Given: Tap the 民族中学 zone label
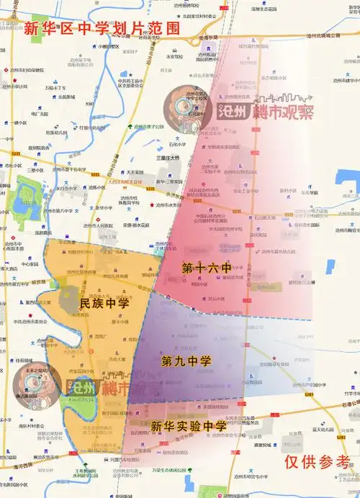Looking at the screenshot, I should pyautogui.click(x=104, y=304).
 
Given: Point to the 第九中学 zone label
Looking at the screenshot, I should pyautogui.click(x=186, y=361).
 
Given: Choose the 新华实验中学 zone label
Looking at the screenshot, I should pyautogui.click(x=188, y=426).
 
